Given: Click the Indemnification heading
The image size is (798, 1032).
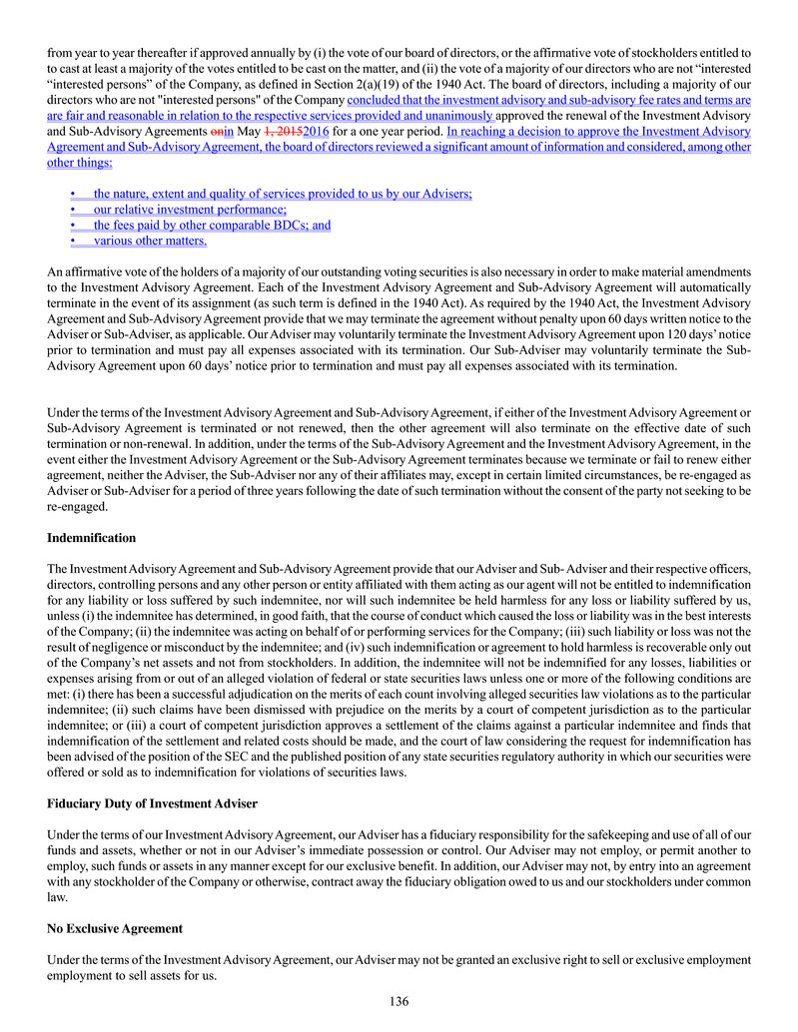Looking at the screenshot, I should tap(91, 538).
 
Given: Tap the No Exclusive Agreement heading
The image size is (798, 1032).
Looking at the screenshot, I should tap(115, 928).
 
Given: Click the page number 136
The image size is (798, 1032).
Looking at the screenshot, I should tap(399, 1001).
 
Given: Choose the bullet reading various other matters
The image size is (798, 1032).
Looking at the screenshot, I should tap(150, 241).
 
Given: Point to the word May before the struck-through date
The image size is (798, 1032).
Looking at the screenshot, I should tap(248, 131).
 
